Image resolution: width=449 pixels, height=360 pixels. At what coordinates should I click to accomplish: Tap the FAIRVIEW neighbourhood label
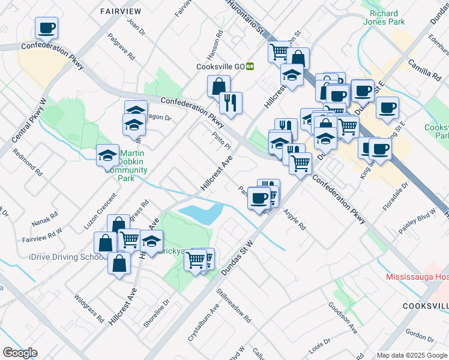(121, 11)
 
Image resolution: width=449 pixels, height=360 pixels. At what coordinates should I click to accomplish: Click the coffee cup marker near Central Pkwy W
(47, 28)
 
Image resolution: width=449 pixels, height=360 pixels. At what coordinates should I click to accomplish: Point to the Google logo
(19, 353)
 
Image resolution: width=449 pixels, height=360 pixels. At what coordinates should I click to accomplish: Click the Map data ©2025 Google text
(412, 355)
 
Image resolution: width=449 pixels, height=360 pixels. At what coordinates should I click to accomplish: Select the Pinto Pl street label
(221, 142)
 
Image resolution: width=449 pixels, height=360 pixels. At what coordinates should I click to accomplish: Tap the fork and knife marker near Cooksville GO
(231, 103)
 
